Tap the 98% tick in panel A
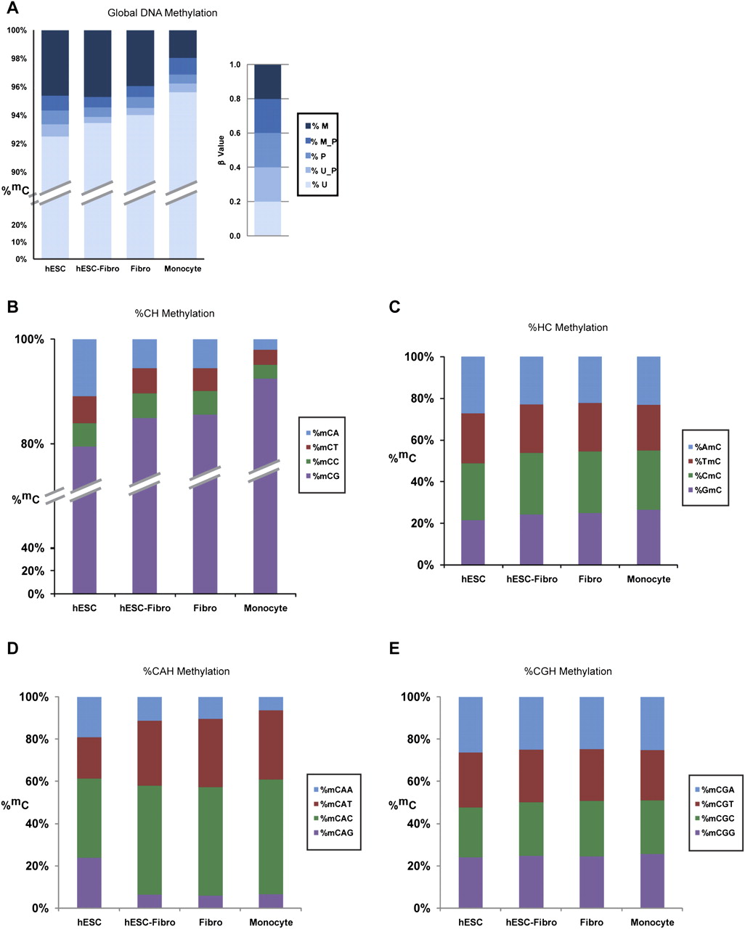point(17,59)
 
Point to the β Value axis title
point(221,150)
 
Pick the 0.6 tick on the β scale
point(235,133)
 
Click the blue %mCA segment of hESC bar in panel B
point(84,367)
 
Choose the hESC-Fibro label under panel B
point(144,608)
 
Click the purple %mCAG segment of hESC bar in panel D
point(89,883)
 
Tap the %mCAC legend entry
point(332,818)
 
